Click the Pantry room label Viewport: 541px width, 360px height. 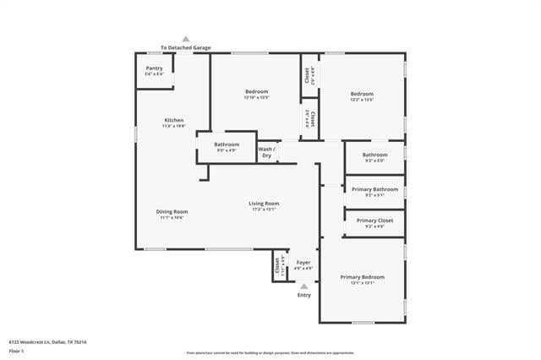point(154,68)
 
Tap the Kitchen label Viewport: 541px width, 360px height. point(173,120)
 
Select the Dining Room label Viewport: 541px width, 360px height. point(172,211)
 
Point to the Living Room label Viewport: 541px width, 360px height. point(264,203)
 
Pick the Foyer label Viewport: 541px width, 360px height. point(303,263)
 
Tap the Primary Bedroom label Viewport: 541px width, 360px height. point(362,277)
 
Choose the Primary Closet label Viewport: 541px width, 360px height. point(374,221)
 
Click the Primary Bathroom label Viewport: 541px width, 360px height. point(374,189)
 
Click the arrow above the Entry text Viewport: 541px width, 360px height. point(304,286)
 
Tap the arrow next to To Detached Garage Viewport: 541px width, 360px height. point(186,39)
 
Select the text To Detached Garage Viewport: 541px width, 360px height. point(186,47)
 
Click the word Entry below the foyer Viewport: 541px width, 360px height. point(304,295)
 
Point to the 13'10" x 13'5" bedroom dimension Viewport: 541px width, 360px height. point(257,97)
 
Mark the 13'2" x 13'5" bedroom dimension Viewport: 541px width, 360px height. point(362,100)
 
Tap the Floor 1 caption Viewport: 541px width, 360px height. point(17,350)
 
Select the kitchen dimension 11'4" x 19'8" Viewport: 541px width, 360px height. point(173,126)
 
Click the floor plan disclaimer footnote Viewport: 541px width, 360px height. point(270,352)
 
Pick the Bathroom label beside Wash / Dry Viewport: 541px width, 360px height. point(227,145)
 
